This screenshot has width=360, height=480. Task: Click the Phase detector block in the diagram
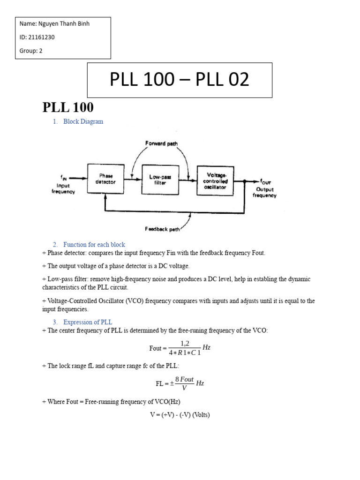click(x=105, y=179)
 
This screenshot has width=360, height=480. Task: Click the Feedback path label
click(x=162, y=229)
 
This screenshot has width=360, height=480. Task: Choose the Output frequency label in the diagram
click(x=264, y=192)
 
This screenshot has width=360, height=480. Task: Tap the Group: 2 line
click(x=31, y=51)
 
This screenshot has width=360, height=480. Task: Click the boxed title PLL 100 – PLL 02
click(x=180, y=80)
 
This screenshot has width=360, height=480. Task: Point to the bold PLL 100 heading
click(x=68, y=107)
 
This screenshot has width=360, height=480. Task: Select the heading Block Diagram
click(x=83, y=121)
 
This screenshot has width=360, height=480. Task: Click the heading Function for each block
click(x=94, y=245)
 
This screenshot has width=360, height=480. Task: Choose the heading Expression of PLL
click(x=88, y=322)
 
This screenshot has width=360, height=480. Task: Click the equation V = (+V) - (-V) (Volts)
click(x=180, y=415)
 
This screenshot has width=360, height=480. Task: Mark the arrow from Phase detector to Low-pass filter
click(x=132, y=179)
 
